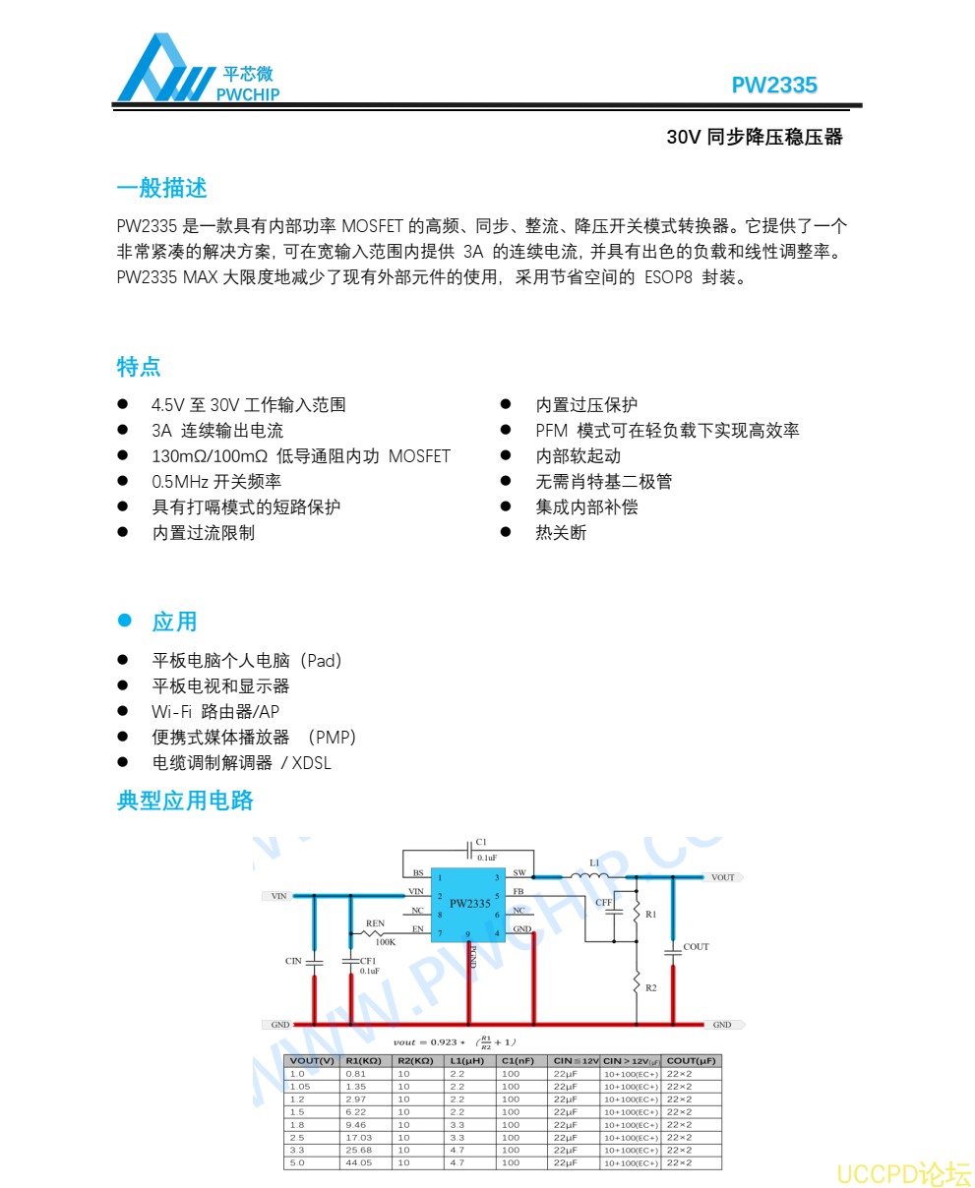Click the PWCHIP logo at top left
[197, 70]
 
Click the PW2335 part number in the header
[774, 86]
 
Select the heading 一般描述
[161, 188]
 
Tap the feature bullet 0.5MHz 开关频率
[216, 482]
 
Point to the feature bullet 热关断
[561, 533]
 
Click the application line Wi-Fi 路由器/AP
[215, 712]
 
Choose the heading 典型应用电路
[185, 801]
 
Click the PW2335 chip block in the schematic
[469, 904]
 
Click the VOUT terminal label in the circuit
[722, 877]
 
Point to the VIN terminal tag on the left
[279, 896]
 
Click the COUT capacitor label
[696, 947]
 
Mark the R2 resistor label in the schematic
[651, 987]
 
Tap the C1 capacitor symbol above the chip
[468, 850]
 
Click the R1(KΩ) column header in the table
[364, 1061]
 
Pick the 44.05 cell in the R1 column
[359, 1163]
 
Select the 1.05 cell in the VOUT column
[300, 1087]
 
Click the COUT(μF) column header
[692, 1061]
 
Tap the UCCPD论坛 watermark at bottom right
[903, 1174]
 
